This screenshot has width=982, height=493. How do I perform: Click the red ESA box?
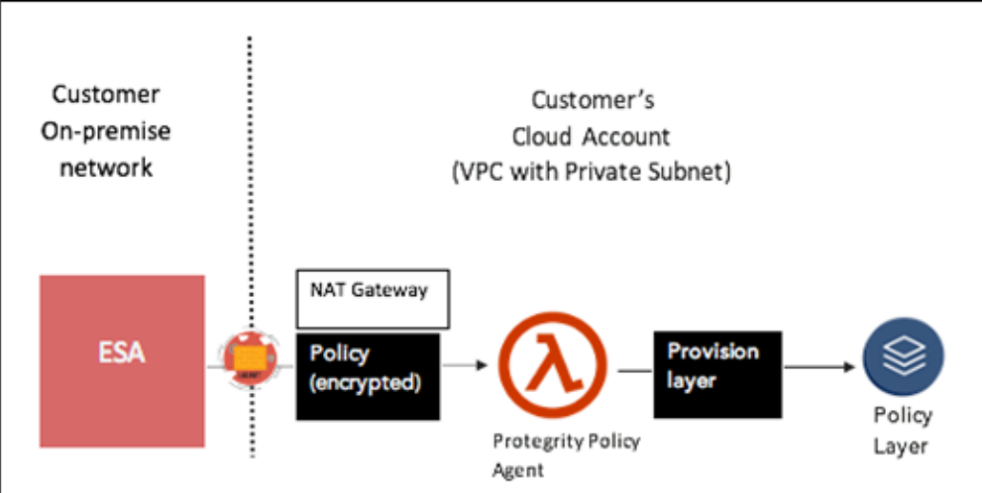pyautogui.click(x=122, y=361)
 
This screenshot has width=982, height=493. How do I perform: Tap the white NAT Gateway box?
pyautogui.click(x=373, y=298)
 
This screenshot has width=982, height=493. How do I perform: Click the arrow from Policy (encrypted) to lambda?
pyautogui.click(x=466, y=366)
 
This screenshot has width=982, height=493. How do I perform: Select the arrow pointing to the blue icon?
pyautogui.click(x=819, y=367)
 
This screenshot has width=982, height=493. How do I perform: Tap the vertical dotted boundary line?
pyautogui.click(x=249, y=198)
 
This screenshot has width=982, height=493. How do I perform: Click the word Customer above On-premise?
pyautogui.click(x=106, y=95)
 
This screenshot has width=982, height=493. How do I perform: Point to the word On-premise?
pyautogui.click(x=106, y=131)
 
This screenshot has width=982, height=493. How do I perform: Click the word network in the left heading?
pyautogui.click(x=106, y=166)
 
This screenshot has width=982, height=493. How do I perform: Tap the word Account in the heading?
pyautogui.click(x=629, y=136)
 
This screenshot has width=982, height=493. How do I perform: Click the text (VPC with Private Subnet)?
pyautogui.click(x=592, y=171)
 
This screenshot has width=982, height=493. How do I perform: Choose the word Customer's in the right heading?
pyautogui.click(x=593, y=100)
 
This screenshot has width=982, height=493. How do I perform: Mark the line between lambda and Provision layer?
pyautogui.click(x=634, y=371)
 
